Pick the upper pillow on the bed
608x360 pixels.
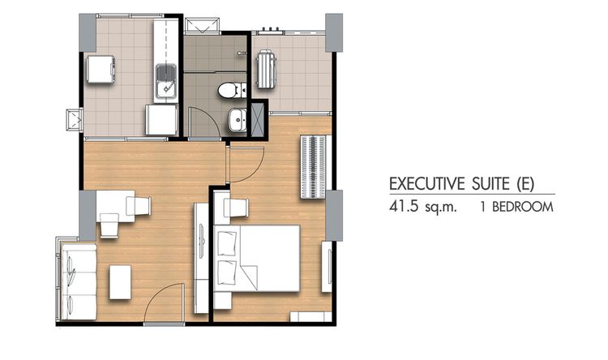click(x=227, y=242)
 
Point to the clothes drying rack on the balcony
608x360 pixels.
click(x=266, y=70)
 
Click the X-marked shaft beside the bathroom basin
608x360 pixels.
click(x=259, y=119)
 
